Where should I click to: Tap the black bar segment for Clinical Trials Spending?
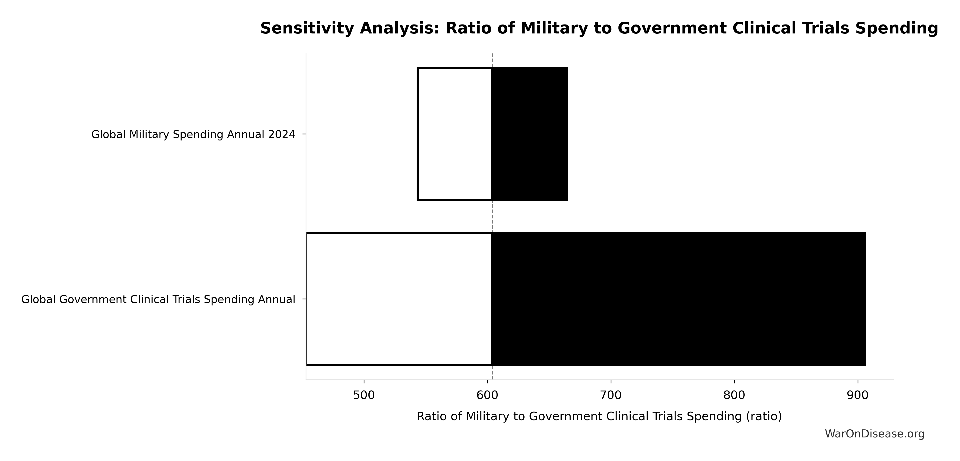[678, 299]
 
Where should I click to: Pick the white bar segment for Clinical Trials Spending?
[399, 299]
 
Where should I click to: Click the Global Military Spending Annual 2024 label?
[193, 134]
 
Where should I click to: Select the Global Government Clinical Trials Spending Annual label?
[158, 299]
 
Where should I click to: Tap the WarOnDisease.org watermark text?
[874, 434]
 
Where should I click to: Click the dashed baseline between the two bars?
[492, 216]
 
